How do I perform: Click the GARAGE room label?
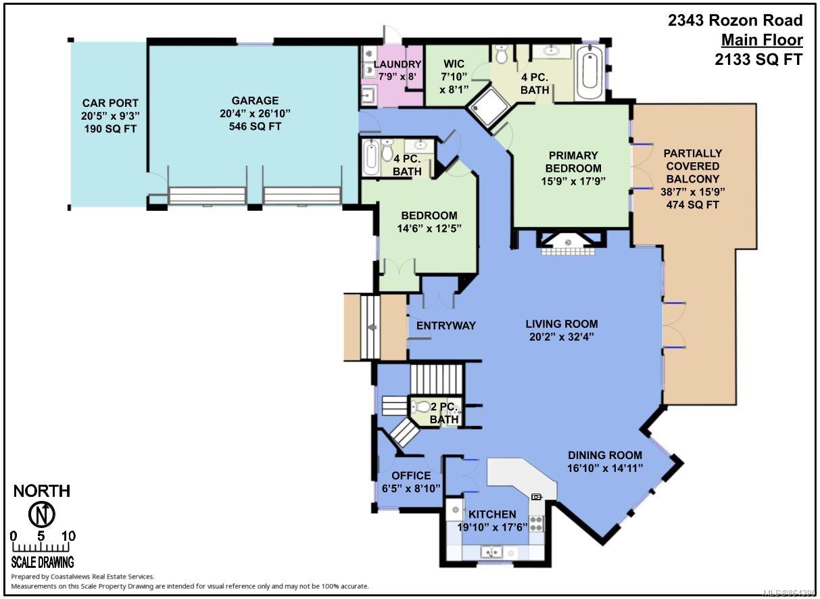coord(255,100)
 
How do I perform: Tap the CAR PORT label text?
coord(110,103)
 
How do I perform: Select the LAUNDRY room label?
coord(397,64)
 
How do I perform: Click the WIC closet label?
coord(454,64)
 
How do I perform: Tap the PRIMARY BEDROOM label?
coord(573,162)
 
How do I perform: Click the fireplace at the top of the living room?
coord(568,243)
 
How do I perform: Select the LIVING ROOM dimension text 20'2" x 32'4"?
coord(562,337)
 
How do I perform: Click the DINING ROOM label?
coord(605,455)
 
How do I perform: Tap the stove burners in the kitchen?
coord(536,523)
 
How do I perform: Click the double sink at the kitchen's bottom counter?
coord(491,552)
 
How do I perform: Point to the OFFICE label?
coord(411,475)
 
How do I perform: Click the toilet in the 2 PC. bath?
coord(420,406)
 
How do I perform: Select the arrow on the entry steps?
coord(372,327)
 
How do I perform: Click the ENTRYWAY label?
coord(446,325)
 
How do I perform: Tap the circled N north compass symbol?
coord(42,514)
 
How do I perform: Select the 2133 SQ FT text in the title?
coord(758,59)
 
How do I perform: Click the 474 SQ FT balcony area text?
coord(693,205)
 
